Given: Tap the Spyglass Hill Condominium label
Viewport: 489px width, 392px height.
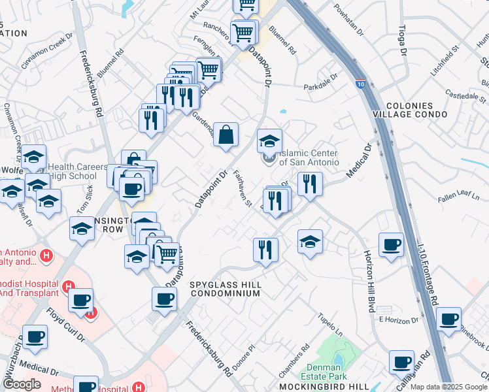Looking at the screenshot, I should point(226,289).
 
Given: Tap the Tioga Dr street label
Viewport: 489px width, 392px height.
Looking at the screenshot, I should point(402,43).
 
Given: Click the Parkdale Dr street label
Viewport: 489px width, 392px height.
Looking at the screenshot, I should point(320,86).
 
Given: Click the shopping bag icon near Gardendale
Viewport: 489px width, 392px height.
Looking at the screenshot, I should point(226,135).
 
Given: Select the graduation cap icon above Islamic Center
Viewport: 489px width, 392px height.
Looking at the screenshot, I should point(269,140).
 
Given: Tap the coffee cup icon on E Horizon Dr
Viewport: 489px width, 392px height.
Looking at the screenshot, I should point(448,319).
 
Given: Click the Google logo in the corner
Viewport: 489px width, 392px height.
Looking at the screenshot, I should point(22,384).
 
